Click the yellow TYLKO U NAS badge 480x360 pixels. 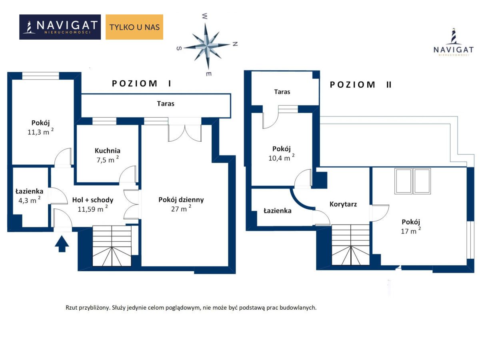tap(134, 27)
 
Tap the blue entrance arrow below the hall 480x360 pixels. tap(62, 244)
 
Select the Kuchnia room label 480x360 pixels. tap(107, 151)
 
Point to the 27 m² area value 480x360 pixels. tap(181, 208)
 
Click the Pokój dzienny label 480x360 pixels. tap(181, 200)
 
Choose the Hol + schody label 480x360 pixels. tap(93, 200)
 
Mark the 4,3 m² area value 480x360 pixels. tap(29, 200)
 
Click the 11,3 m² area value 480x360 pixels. tap(40, 132)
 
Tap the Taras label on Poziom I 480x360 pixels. tap(166, 104)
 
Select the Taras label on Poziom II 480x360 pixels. tap(282, 92)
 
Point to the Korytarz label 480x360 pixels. tap(343, 204)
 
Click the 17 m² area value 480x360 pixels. tap(411, 231)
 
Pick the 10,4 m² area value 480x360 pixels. tap(281, 158)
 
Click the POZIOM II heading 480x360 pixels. tap(361, 84)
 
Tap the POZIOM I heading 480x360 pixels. tap(141, 83)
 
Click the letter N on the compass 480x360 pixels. tap(235, 44)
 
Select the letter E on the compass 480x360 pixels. tap(209, 74)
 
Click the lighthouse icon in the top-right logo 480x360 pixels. tap(453, 36)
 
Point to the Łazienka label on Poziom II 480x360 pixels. tap(278, 211)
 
